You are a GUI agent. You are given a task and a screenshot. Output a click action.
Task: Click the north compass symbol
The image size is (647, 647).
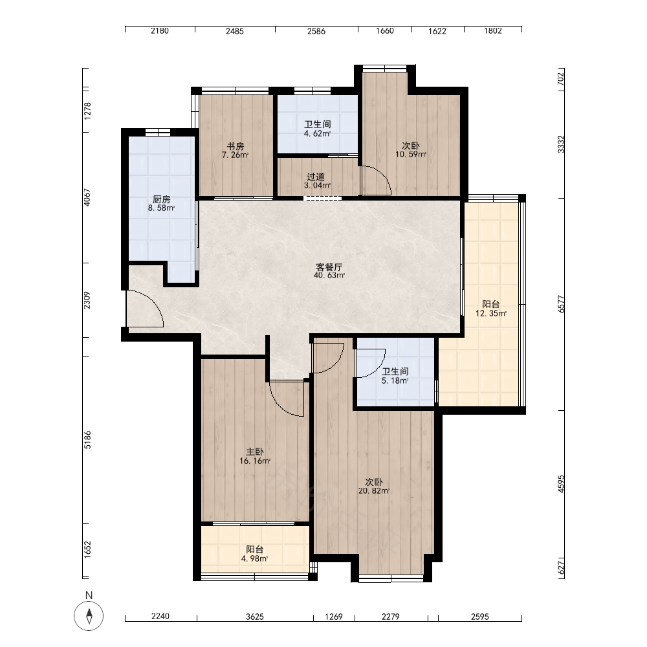click(89, 616)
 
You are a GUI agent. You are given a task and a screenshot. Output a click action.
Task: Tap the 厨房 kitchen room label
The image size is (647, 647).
click(161, 200)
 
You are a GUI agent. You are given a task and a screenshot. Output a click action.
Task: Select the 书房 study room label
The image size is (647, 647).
click(236, 146)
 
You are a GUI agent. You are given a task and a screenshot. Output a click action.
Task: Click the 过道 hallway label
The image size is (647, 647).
click(316, 177)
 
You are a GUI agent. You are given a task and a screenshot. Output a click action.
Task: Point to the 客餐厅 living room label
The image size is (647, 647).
click(329, 267)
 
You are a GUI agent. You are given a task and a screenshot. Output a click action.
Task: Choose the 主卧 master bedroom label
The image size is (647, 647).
click(254, 452)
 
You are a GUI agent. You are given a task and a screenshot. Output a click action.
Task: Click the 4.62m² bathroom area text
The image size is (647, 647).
click(317, 134)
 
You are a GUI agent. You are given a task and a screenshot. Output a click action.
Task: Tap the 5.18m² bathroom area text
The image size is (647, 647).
click(395, 381)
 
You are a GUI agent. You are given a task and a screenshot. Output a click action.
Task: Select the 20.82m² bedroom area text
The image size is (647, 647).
click(374, 491)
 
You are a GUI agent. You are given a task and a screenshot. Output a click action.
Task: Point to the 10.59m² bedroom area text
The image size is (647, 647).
click(411, 155)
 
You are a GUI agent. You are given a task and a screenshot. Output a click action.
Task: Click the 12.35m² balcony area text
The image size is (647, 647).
click(491, 314)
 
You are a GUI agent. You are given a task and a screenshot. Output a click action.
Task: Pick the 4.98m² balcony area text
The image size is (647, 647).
click(254, 559)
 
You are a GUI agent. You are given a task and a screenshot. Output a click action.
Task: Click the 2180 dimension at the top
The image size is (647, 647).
click(160, 30)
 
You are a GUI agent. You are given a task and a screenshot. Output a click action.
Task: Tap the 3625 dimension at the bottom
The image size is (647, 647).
click(254, 617)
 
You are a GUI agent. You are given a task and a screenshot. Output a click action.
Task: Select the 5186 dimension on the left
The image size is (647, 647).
click(87, 440)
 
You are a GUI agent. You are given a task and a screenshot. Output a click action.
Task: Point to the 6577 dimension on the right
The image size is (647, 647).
click(561, 304)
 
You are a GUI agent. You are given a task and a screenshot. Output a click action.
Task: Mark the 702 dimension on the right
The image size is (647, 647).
click(560, 79)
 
